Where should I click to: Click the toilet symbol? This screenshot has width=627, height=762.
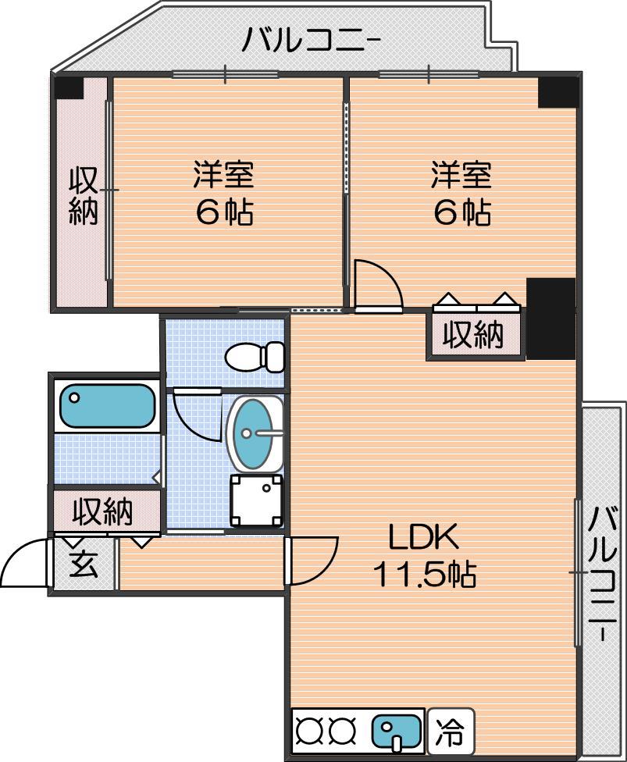click(x=255, y=357)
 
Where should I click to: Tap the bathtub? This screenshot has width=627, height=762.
click(x=108, y=406)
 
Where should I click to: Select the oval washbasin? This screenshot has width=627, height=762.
click(x=255, y=434)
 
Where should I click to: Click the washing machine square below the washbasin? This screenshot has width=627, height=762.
click(x=256, y=500)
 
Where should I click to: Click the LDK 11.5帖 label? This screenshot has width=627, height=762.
click(x=424, y=556)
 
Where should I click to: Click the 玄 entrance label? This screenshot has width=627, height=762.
click(x=84, y=565)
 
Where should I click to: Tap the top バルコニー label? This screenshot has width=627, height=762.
click(x=311, y=40)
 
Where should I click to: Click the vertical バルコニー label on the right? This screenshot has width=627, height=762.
click(x=603, y=574)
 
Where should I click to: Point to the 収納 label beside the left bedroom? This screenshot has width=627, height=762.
click(x=84, y=196)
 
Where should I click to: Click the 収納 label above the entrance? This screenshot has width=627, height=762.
click(x=102, y=511)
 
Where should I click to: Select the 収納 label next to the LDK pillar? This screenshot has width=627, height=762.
click(x=474, y=335)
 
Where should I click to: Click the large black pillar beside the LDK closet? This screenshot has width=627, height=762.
click(x=551, y=319)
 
